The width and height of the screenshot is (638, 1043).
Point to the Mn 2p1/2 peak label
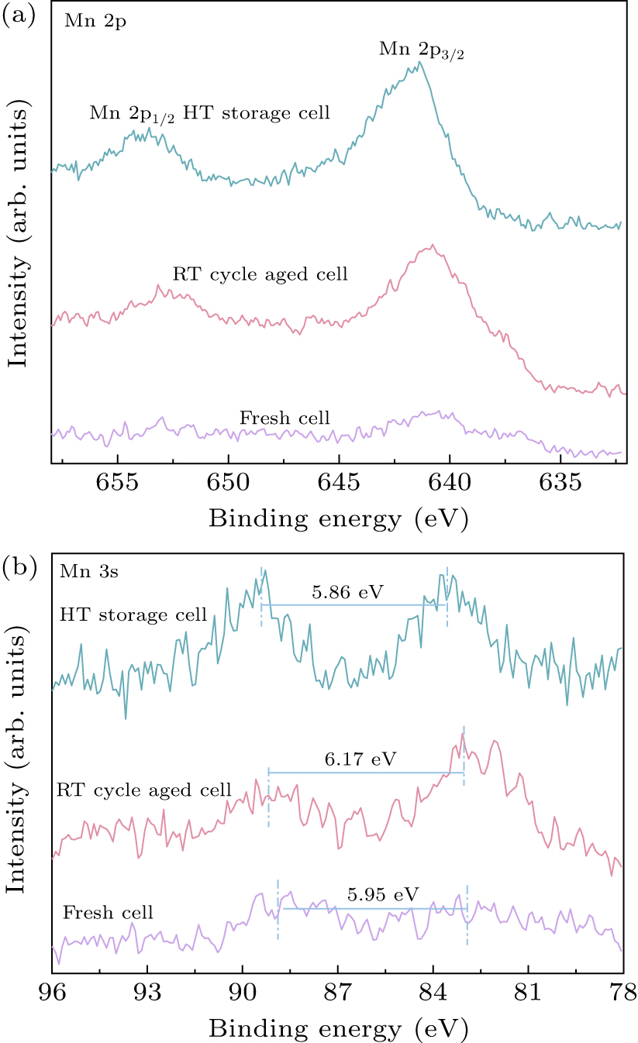pos(132,114)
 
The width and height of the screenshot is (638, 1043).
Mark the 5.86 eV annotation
pos(347,593)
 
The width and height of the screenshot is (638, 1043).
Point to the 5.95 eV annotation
pos(378,896)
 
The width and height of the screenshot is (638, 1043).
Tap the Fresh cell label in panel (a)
pos(285,419)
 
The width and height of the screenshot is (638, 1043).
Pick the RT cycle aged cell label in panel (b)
pos(144,790)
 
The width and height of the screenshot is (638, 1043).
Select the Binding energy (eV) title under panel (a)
pos(338,518)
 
